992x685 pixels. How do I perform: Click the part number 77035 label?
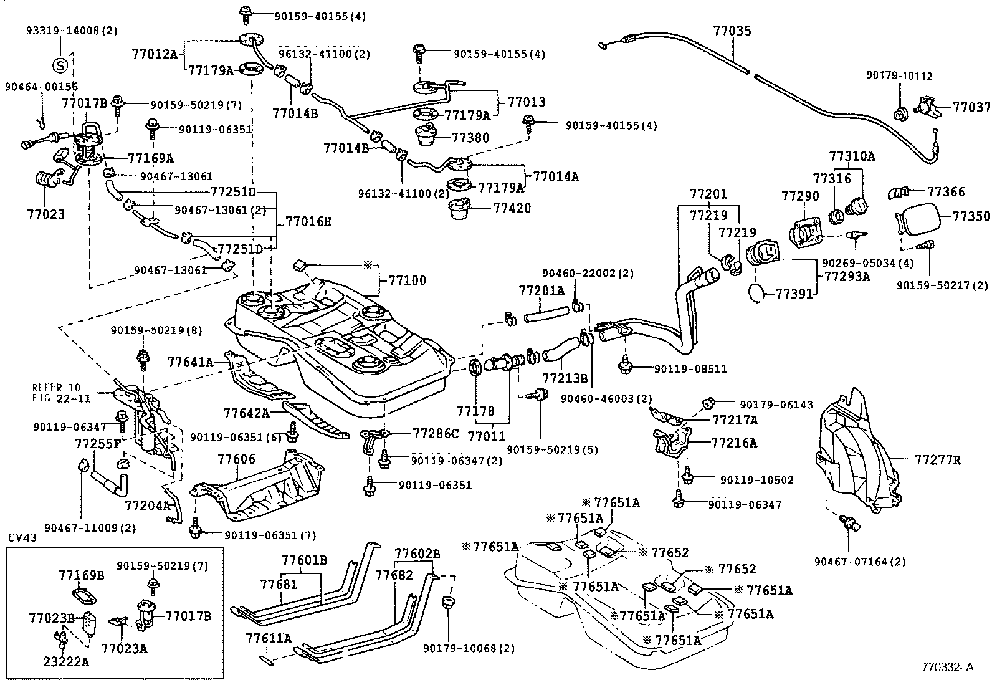pyautogui.click(x=732, y=30)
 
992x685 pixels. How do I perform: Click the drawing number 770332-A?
pyautogui.click(x=948, y=666)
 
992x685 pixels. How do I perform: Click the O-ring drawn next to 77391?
pyautogui.click(x=755, y=291)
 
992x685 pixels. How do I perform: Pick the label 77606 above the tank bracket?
pyautogui.click(x=236, y=459)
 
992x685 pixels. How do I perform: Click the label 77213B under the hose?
pyautogui.click(x=565, y=378)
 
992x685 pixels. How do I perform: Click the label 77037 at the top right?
pyautogui.click(x=971, y=107)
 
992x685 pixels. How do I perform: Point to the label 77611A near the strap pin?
pyautogui.click(x=269, y=638)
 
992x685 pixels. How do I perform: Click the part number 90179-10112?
pyautogui.click(x=899, y=76)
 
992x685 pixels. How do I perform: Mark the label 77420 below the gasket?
pyautogui.click(x=512, y=208)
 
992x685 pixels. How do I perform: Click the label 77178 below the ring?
pyautogui.click(x=475, y=411)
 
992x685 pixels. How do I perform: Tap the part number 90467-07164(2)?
pyautogui.click(x=859, y=562)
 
